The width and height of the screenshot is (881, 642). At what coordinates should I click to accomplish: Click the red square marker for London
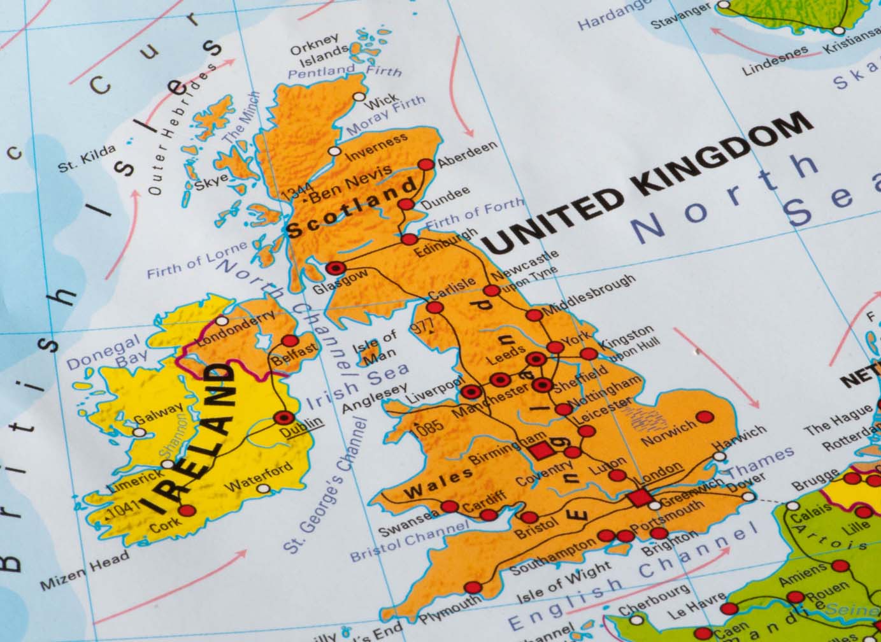point(638,498)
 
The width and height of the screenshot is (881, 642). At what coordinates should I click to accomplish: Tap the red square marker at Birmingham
point(540,450)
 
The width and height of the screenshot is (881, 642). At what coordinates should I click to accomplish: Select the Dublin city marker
point(283,418)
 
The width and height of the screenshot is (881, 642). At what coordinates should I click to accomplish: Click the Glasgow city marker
point(336,268)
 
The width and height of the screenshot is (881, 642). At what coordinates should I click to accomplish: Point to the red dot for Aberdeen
point(426,165)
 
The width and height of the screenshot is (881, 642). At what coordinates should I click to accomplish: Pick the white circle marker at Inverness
point(334,152)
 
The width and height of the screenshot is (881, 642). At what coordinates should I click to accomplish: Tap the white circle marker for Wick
point(359,97)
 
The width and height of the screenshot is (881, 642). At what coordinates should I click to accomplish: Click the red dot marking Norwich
point(705,417)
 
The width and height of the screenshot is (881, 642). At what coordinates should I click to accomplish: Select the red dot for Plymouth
point(472,587)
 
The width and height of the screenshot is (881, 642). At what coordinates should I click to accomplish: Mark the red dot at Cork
point(186,510)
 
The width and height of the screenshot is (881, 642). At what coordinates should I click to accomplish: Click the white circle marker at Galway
point(138,431)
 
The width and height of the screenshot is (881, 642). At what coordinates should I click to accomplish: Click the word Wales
point(440,482)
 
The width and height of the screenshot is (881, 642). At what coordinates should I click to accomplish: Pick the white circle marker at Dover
point(750,496)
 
